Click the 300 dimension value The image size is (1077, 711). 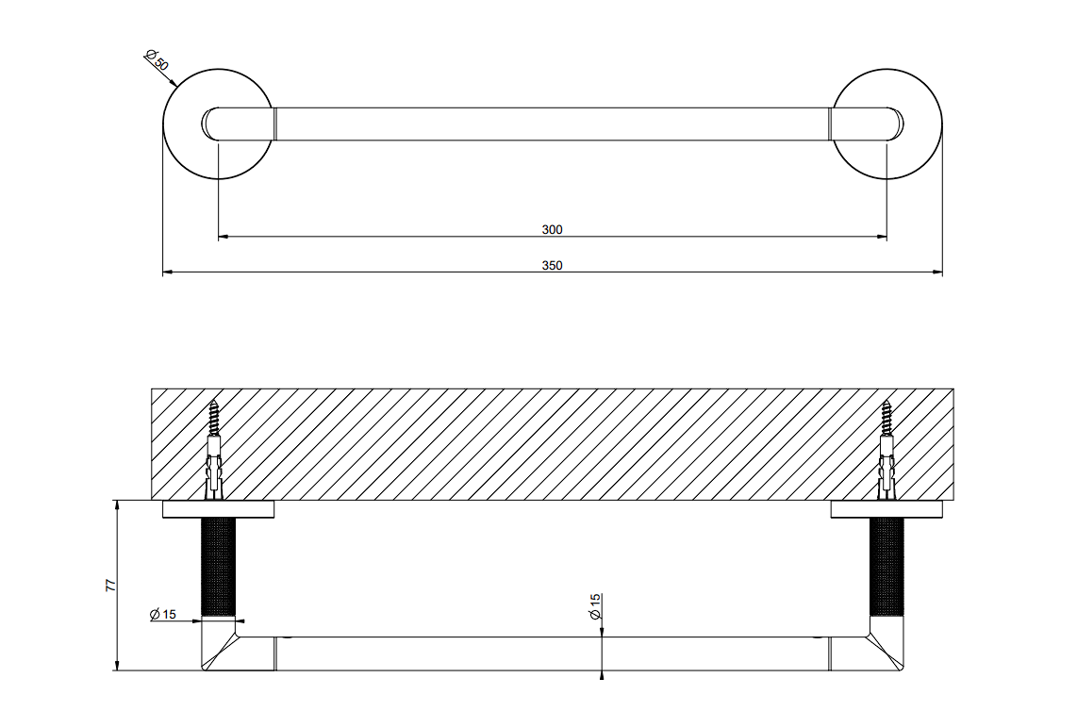(552, 229)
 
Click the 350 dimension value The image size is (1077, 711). (552, 265)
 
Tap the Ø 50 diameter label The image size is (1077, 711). (156, 60)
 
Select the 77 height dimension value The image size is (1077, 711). (110, 586)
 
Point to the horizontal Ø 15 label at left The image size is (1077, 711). (163, 614)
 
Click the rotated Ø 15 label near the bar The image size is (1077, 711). (595, 606)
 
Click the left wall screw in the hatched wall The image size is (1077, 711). (214, 450)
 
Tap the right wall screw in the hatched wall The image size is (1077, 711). (887, 450)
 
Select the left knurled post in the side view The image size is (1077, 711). (218, 568)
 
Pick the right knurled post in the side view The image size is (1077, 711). (886, 568)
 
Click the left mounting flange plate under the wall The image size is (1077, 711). (219, 509)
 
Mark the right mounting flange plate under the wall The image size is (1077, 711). (886, 509)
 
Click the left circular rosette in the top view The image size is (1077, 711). (164, 124)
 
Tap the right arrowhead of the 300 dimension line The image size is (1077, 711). (882, 237)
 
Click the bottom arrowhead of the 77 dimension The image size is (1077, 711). (118, 666)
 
